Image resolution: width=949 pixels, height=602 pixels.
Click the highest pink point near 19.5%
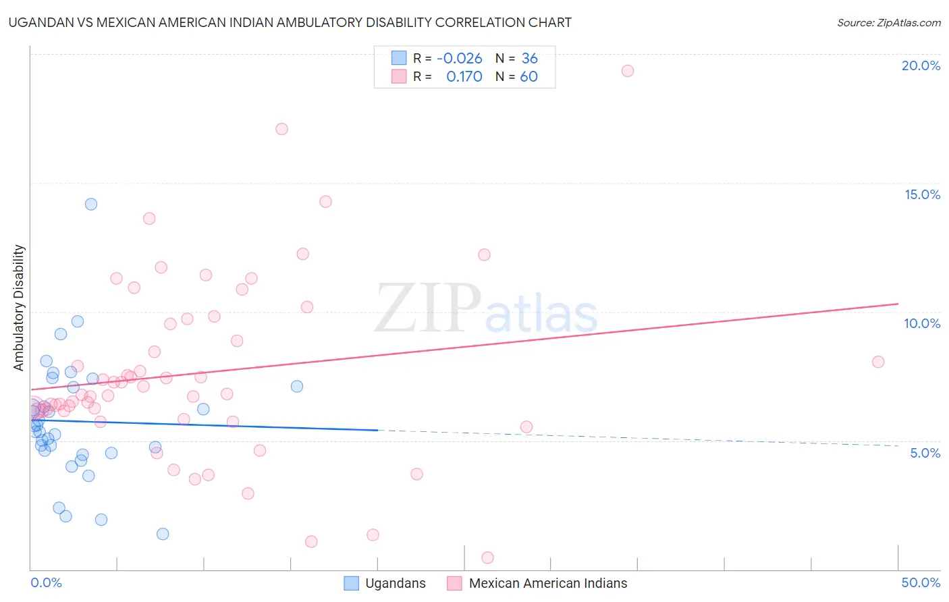point(628,71)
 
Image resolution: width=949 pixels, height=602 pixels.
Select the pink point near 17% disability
point(282,129)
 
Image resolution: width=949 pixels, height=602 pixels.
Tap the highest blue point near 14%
point(91,204)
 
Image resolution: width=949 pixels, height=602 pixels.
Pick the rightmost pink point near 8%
point(878,362)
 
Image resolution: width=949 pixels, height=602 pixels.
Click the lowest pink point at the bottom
point(488,557)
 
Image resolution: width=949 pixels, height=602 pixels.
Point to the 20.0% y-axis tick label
point(921,65)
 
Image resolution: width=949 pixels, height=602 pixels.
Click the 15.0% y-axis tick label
point(922,194)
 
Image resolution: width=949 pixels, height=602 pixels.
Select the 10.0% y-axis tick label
point(922,323)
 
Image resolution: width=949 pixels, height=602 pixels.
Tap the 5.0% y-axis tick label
point(925,453)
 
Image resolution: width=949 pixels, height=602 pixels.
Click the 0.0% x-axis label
point(46,582)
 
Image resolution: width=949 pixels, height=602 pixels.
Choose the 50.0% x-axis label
point(921,582)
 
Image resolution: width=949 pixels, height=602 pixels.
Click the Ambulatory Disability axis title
point(19,308)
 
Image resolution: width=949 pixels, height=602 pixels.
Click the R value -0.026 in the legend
point(460,59)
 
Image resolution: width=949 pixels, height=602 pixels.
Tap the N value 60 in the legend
point(529,77)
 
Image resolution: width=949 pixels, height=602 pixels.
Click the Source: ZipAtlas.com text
point(888,23)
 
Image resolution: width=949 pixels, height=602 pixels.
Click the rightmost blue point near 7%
point(297,387)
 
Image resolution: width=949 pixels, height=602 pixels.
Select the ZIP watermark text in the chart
point(428,308)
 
